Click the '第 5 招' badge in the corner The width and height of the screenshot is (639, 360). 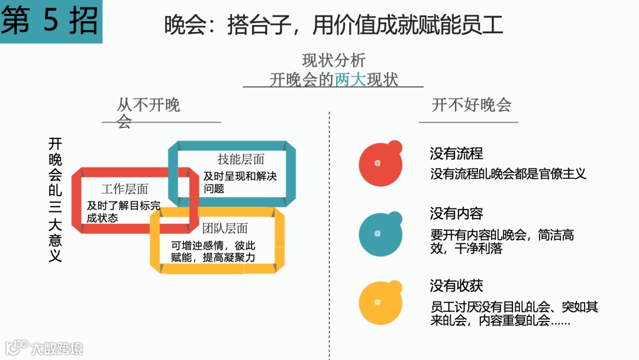(50, 21)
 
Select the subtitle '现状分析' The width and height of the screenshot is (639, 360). (334, 60)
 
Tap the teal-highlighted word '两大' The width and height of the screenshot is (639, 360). (350, 79)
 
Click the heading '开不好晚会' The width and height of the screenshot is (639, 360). (472, 105)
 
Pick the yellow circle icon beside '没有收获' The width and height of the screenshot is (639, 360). (379, 302)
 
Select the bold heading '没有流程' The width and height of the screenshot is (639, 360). (456, 154)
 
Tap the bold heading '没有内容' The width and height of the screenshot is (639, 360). (456, 213)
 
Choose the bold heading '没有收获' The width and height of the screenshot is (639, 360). (456, 286)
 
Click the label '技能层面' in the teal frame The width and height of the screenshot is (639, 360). (241, 159)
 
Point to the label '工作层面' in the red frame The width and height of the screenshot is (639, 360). (125, 189)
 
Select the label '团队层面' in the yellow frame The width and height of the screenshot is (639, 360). (225, 229)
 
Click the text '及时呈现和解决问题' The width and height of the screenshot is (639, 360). (240, 182)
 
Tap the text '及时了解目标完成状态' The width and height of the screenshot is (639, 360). (123, 211)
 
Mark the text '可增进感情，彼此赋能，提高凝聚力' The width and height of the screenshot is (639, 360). (213, 251)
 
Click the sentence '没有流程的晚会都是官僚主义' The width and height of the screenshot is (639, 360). (508, 174)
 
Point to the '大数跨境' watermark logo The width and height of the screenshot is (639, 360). (44, 348)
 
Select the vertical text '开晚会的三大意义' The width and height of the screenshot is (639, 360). (55, 200)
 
